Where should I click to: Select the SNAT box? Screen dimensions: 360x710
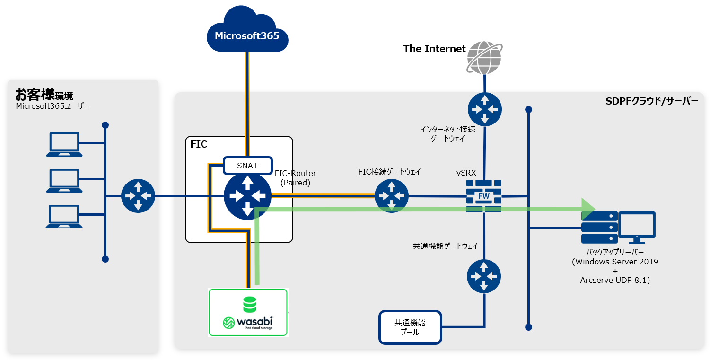(247, 166)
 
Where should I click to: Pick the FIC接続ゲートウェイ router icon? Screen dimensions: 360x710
(392, 196)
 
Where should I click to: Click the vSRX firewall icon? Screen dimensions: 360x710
(484, 196)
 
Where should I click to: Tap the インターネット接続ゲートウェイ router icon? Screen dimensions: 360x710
(484, 109)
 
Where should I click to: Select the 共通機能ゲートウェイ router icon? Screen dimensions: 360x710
(484, 276)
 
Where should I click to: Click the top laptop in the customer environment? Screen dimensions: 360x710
(64, 144)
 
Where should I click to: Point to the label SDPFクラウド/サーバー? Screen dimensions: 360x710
(651, 101)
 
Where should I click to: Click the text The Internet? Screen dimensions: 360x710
(434, 48)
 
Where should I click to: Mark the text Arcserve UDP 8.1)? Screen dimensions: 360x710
(615, 281)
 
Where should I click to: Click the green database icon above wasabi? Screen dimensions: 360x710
(249, 304)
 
